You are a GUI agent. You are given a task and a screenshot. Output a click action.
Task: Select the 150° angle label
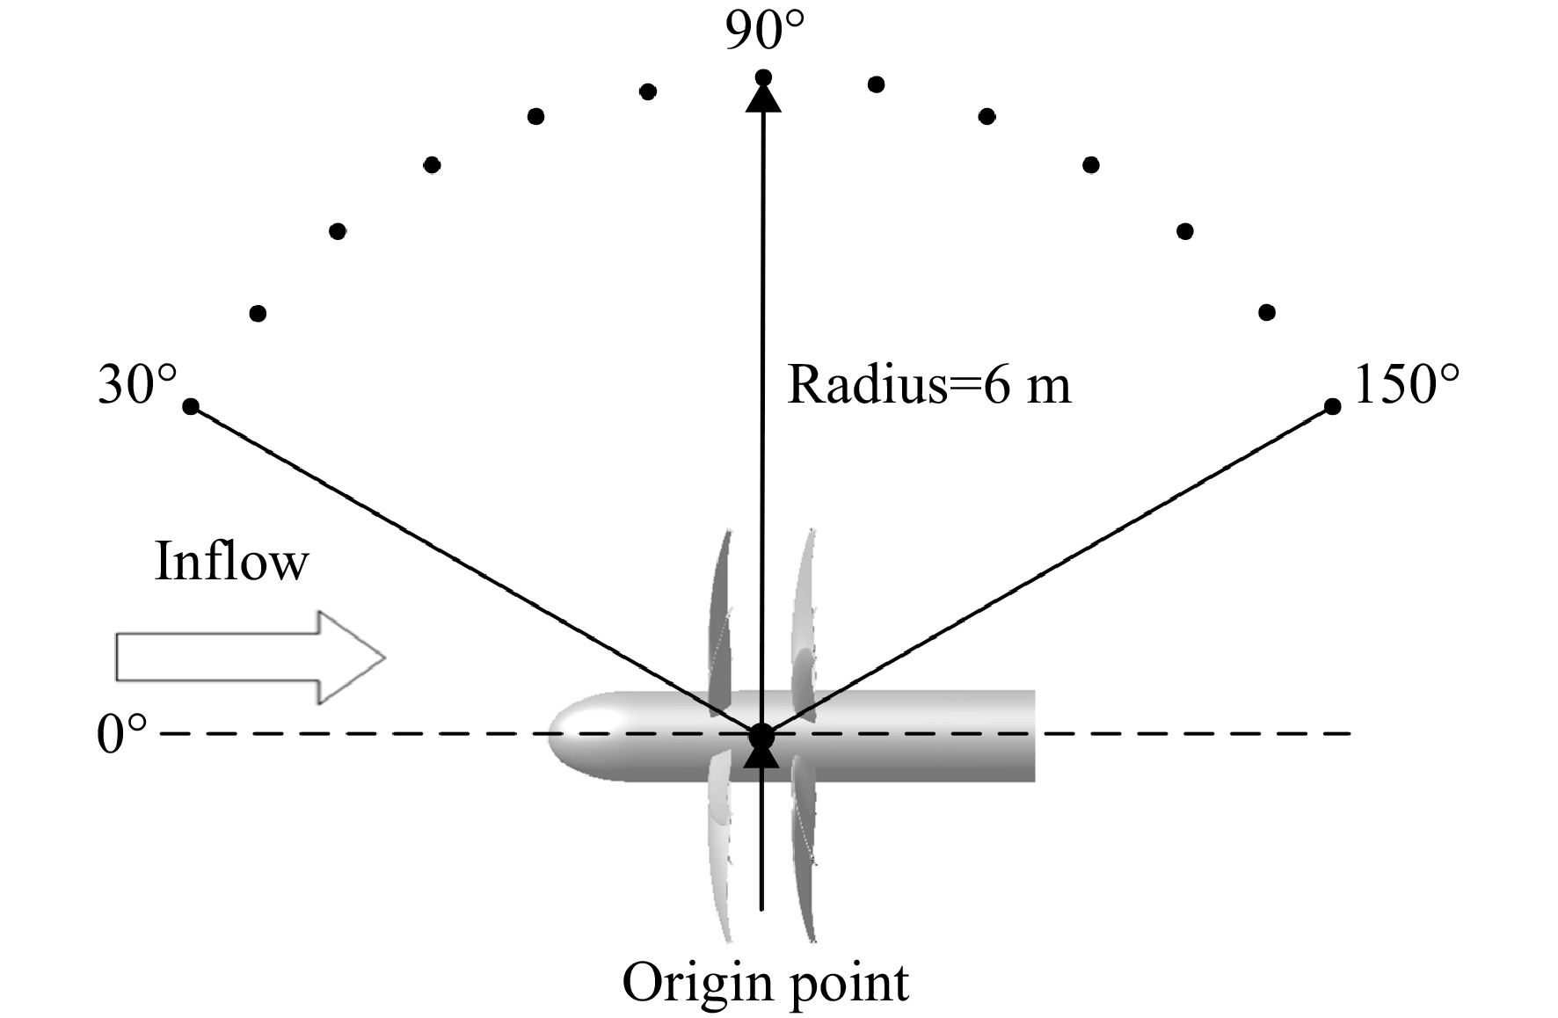pyautogui.click(x=1407, y=385)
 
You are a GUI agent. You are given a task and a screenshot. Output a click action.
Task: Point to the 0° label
pyautogui.click(x=121, y=735)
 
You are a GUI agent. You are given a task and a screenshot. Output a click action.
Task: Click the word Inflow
pyautogui.click(x=231, y=561)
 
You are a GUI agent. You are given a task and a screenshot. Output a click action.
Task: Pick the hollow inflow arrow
pyautogui.click(x=251, y=658)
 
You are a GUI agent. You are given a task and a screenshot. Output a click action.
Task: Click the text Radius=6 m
pyautogui.click(x=929, y=385)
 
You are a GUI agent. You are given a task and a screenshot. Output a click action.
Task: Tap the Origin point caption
pyautogui.click(x=765, y=982)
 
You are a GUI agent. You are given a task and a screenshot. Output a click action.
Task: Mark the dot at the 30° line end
pyautogui.click(x=191, y=406)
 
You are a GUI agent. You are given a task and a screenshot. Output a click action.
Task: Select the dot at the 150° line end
pyautogui.click(x=1332, y=406)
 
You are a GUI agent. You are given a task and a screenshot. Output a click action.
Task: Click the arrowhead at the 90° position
pyautogui.click(x=763, y=94)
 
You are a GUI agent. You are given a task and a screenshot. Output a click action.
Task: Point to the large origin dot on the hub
pyautogui.click(x=761, y=735)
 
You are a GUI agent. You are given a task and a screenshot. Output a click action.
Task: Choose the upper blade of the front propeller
pyautogui.click(x=720, y=620)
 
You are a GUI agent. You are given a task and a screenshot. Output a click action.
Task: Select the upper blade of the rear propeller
pyautogui.click(x=803, y=620)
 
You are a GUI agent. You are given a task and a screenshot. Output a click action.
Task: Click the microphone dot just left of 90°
pyautogui.click(x=648, y=91)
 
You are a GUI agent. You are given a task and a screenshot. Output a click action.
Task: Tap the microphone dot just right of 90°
pyautogui.click(x=876, y=84)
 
